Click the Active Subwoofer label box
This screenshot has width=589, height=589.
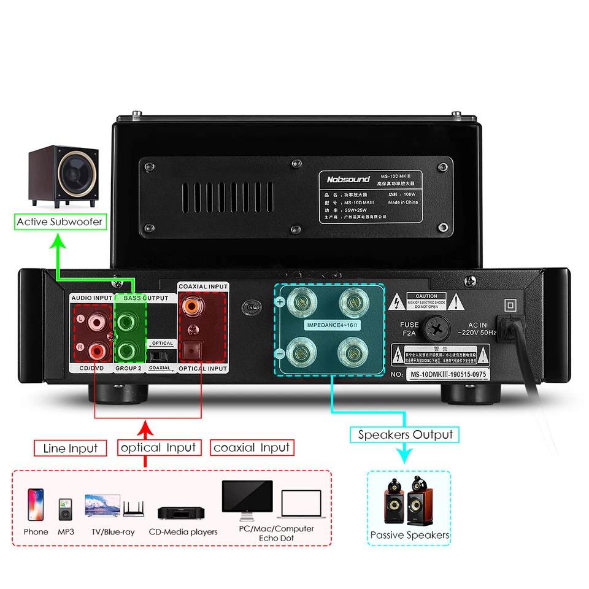pyautogui.click(x=60, y=221)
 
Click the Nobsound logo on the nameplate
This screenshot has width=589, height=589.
pyautogui.click(x=348, y=179)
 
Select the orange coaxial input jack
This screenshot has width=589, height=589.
pyautogui.click(x=194, y=304)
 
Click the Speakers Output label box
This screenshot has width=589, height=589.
pyautogui.click(x=405, y=434)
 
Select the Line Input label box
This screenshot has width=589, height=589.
pyautogui.click(x=70, y=448)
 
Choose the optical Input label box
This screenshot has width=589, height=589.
pyautogui.click(x=158, y=448)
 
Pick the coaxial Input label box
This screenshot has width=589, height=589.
pyautogui.click(x=252, y=448)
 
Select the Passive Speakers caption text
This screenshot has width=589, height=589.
pyautogui.click(x=409, y=535)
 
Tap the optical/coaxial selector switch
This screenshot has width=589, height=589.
pyautogui.click(x=161, y=356)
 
